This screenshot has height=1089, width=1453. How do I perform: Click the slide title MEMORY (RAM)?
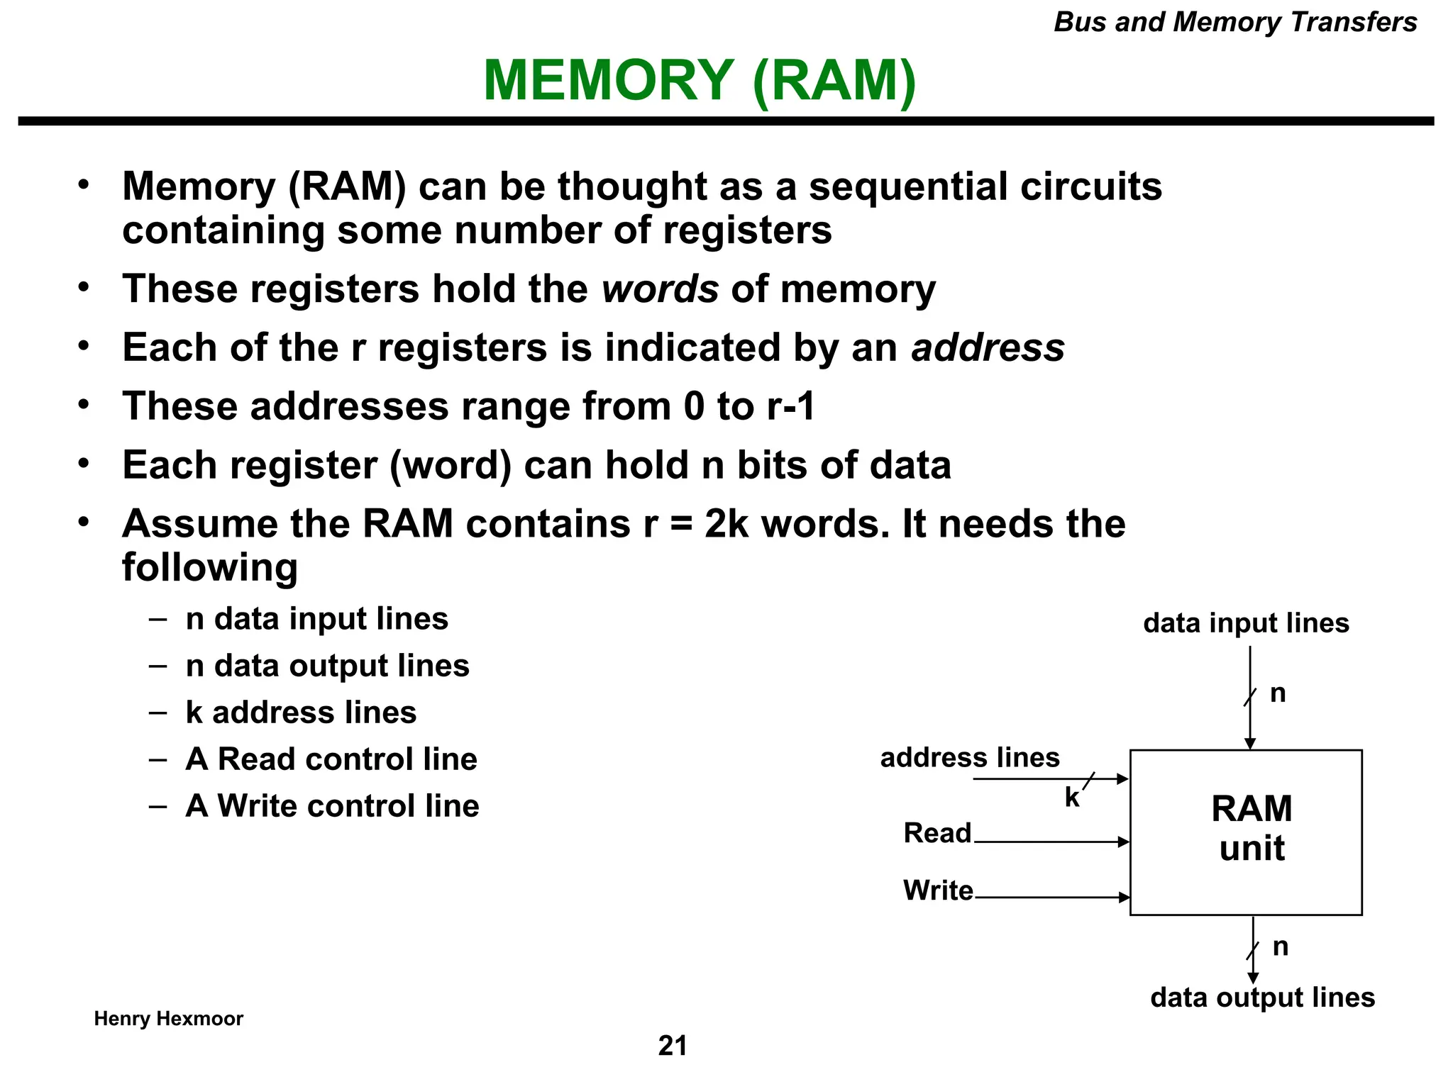[x=700, y=80]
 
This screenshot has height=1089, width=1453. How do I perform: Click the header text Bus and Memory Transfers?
[x=1234, y=22]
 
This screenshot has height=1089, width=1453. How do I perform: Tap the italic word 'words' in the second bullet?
[x=660, y=289]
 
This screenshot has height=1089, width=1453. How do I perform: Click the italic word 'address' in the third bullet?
[x=988, y=348]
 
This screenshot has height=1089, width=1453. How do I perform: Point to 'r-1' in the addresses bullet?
[x=790, y=407]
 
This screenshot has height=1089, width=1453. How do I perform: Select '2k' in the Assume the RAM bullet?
[x=726, y=525]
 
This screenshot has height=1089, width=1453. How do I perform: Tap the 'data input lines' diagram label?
[x=1246, y=623]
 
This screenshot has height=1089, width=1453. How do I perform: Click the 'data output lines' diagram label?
[x=1262, y=998]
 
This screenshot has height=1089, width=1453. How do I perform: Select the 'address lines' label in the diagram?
[x=969, y=758]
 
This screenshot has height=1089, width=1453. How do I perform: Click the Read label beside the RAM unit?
[x=937, y=833]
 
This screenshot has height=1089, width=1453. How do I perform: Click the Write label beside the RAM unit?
[x=937, y=890]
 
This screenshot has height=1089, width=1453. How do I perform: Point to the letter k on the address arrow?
[x=1071, y=798]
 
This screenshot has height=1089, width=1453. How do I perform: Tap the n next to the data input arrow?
[x=1278, y=693]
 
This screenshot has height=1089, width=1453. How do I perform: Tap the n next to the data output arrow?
[x=1280, y=946]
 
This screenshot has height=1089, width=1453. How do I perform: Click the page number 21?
[x=673, y=1046]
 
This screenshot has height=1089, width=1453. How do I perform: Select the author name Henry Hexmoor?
[x=168, y=1019]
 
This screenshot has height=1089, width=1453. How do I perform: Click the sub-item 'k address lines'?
[x=301, y=713]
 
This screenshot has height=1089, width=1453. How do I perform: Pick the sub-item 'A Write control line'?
[x=332, y=806]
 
